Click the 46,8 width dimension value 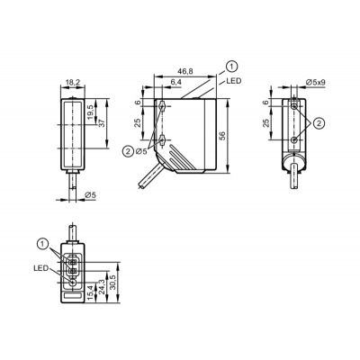pos(185,71)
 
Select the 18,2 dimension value pos(73,83)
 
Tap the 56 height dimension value pos(222,136)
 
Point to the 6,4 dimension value pos(177,82)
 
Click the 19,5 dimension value pos(91,112)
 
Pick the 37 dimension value pos(102,123)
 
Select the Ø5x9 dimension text pos(316,82)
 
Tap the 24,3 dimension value pos(103,286)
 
